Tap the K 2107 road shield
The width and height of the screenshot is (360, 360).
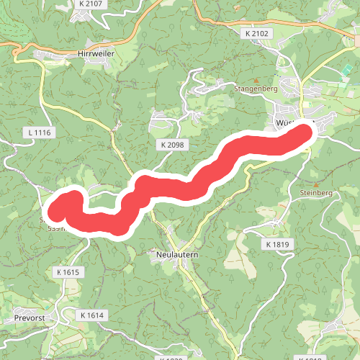pos(91,4)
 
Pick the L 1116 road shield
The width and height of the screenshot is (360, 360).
pos(39,133)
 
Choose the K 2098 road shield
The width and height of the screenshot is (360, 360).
pos(172,145)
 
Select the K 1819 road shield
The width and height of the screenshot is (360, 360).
pos(276,246)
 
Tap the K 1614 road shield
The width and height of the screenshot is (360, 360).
pos(92,315)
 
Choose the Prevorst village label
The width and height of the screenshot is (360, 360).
pos(30,317)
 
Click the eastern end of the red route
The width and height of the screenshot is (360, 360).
pos(307,132)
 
